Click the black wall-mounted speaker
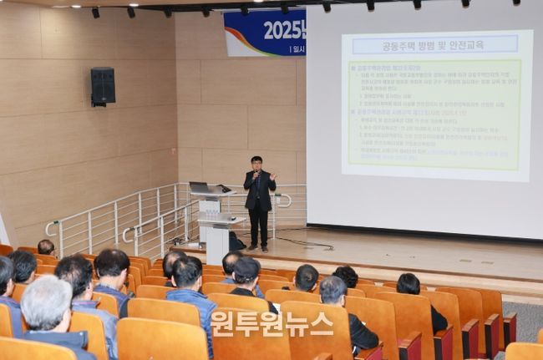(103, 86)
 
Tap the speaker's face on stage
(256, 164)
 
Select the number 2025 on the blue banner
(284, 29)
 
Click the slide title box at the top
(434, 44)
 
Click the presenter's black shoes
(258, 248)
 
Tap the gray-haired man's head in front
(46, 302)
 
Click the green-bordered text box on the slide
(434, 109)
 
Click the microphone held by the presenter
(254, 175)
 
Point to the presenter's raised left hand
(272, 176)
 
